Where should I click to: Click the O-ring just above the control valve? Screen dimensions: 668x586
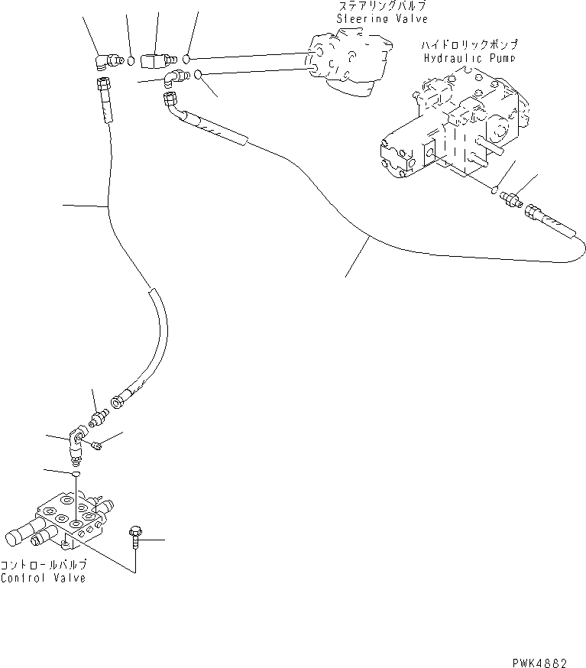[x=75, y=476]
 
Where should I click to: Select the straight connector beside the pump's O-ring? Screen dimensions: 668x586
[x=509, y=200]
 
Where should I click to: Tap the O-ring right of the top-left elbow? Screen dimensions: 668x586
[x=131, y=61]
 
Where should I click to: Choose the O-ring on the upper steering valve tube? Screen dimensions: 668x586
[x=186, y=58]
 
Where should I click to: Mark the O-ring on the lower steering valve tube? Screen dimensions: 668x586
[x=197, y=75]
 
